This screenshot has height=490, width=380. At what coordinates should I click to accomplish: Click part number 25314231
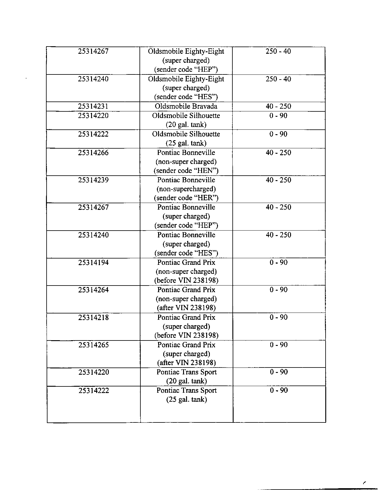93,106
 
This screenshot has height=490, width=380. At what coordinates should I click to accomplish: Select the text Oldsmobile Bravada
186,106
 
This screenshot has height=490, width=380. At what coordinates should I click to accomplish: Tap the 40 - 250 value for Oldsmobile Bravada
278,106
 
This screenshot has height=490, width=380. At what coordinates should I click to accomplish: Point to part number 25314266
93,153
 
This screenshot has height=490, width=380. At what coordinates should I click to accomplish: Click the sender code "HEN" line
186,171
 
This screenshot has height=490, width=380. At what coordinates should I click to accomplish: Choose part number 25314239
93,180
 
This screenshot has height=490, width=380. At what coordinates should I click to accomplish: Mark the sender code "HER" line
186,198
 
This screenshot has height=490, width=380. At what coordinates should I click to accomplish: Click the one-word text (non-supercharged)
186,189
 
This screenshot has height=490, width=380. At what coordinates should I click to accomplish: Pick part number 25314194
93,263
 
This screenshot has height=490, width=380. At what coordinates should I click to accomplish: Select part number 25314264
93,290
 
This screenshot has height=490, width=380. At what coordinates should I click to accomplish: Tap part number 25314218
93,318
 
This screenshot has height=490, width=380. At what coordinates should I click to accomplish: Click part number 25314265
93,345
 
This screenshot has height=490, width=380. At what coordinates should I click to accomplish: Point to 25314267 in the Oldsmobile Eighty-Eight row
93,51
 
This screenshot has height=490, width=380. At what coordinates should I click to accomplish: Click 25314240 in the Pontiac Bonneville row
93,235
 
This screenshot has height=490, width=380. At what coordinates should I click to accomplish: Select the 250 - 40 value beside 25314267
278,51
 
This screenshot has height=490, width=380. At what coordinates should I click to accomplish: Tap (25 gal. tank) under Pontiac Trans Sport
186,400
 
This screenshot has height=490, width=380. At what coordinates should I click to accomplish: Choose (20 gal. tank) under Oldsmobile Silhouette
186,125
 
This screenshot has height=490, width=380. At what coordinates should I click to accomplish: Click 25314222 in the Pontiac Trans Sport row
93,391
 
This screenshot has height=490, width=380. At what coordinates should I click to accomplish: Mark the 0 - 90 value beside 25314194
279,263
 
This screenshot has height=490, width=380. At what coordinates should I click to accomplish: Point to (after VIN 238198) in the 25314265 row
186,363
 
